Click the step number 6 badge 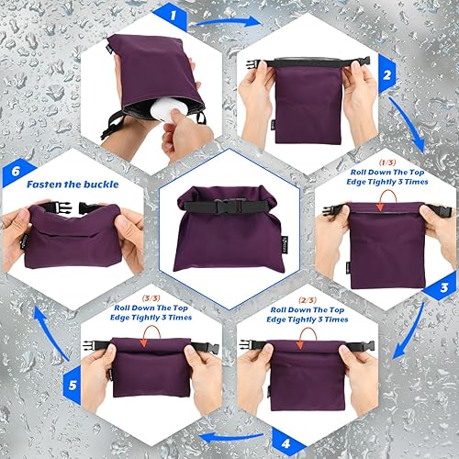pyautogui.click(x=14, y=170)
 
